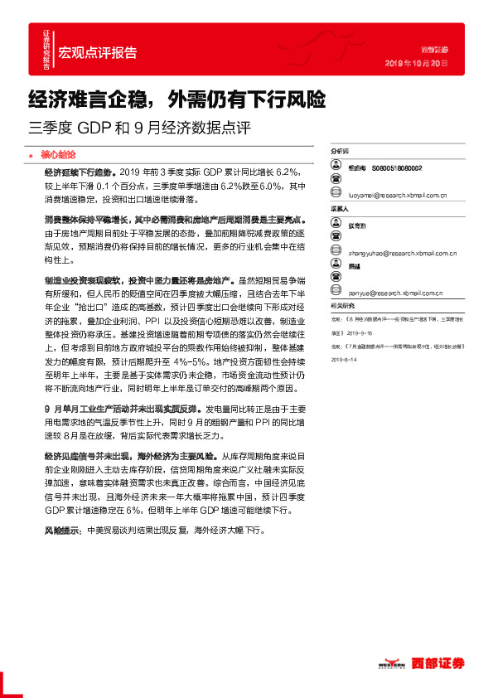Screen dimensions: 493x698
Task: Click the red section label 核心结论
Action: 58,154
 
